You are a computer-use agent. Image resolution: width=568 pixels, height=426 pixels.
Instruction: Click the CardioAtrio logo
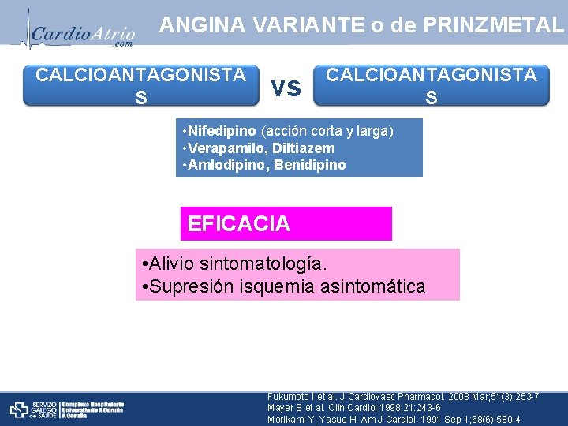coord(82,33)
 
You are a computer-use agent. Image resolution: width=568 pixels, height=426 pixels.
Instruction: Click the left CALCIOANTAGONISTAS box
coord(140,85)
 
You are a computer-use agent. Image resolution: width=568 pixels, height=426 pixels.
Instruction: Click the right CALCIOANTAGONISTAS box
coord(431,85)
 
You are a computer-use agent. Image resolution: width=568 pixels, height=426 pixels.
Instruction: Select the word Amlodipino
coord(224,166)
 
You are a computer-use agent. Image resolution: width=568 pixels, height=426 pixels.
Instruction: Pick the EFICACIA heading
coord(239,224)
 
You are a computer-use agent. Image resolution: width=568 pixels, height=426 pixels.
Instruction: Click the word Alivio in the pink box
coord(174,263)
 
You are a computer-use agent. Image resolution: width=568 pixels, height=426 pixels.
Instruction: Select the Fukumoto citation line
coord(392,396)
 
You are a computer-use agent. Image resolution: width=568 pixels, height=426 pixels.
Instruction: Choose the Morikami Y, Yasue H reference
coord(394,420)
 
